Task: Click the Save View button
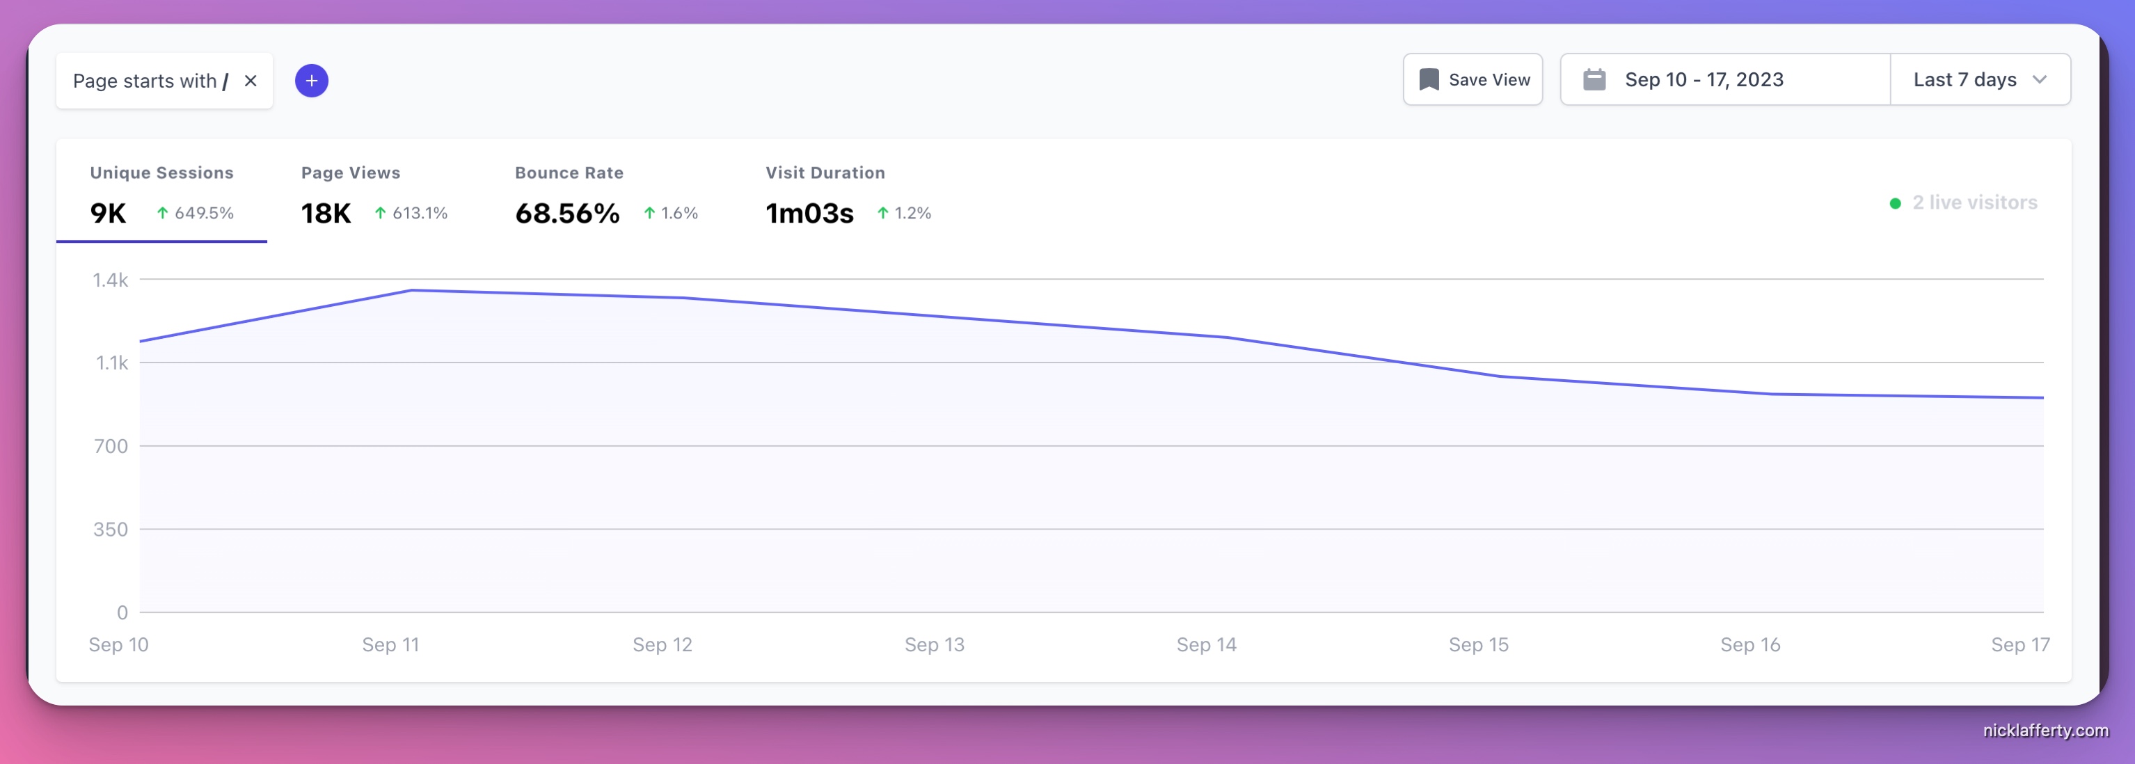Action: [x=1473, y=79]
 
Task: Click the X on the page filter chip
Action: [x=251, y=81]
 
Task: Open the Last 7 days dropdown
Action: [x=1979, y=79]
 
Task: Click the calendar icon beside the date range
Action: [x=1594, y=79]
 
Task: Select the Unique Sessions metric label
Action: [x=161, y=173]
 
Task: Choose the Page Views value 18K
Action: [x=326, y=214]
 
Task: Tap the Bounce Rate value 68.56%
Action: [x=567, y=214]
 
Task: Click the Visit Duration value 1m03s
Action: [x=809, y=214]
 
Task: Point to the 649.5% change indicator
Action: [x=196, y=213]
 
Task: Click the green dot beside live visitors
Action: [x=1895, y=203]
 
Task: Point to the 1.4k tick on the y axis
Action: [x=110, y=280]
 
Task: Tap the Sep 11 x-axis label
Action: [x=390, y=645]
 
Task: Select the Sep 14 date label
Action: [x=1206, y=645]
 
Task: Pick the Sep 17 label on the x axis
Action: [x=2019, y=645]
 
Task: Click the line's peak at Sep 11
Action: [x=412, y=290]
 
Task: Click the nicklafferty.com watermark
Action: [x=2045, y=730]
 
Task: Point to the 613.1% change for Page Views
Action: [x=411, y=213]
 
